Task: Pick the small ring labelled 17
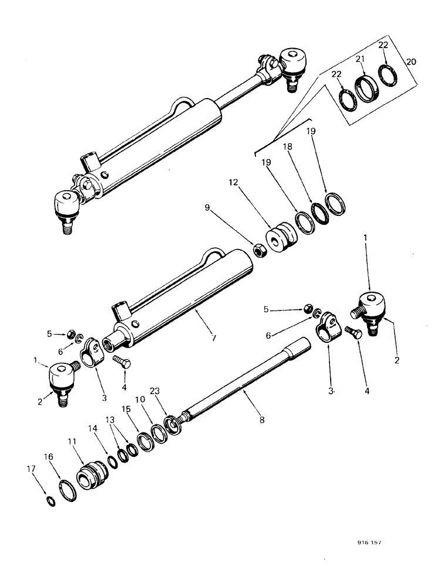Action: pos(52,501)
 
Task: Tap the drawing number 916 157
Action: pos(369,544)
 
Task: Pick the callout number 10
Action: pos(140,400)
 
